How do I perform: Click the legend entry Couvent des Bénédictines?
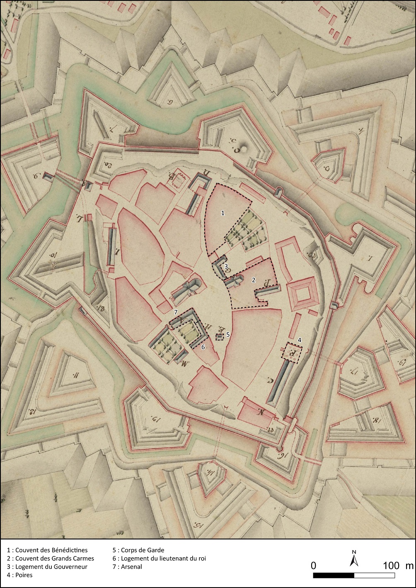click(x=47, y=550)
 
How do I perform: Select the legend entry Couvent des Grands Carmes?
click(x=50, y=559)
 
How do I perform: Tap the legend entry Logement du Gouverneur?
click(x=47, y=567)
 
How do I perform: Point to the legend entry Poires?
click(x=19, y=575)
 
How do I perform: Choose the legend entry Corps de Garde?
click(x=138, y=550)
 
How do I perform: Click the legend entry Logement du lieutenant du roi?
click(x=159, y=559)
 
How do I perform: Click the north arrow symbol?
click(x=354, y=560)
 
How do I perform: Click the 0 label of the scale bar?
click(x=314, y=566)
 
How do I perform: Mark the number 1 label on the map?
click(x=223, y=213)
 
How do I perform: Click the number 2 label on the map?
click(x=254, y=280)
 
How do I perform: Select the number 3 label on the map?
click(x=226, y=267)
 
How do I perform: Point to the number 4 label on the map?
click(x=299, y=340)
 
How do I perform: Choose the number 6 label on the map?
click(x=203, y=347)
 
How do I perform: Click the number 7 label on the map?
click(x=176, y=311)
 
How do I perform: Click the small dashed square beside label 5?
click(x=220, y=337)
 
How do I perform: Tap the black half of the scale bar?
click(x=334, y=576)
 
